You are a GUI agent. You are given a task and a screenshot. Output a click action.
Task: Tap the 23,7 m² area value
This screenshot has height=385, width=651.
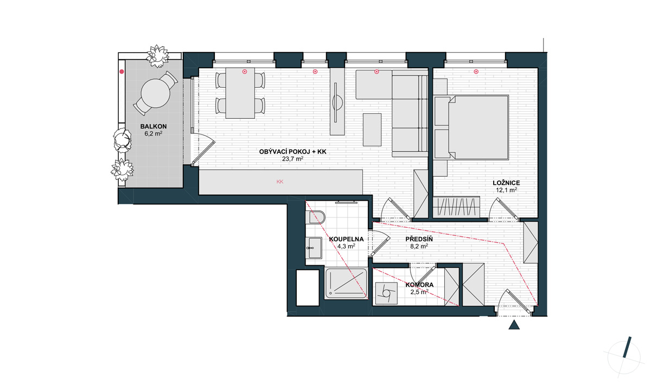pos(292,159)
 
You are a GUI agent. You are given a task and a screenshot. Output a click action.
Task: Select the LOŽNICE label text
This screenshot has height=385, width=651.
pos(506,183)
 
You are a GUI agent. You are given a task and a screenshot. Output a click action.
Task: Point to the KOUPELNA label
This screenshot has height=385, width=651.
pos(346,239)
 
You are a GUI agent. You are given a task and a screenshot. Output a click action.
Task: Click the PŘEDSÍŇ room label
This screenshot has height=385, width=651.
pos(419,239)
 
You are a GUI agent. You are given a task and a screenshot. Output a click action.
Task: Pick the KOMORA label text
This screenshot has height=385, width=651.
pos(419,285)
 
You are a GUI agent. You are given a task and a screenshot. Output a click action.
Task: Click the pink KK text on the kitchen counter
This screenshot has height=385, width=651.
pos(280,182)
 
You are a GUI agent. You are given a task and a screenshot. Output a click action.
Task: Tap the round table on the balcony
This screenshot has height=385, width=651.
pos(156,93)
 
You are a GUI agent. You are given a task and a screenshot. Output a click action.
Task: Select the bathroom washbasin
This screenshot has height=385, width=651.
pos(314,248)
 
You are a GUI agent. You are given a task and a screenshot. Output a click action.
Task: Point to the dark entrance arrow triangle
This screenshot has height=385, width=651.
pos(514,325)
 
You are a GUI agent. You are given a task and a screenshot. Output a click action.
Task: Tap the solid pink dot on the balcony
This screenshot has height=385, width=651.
pos(122,72)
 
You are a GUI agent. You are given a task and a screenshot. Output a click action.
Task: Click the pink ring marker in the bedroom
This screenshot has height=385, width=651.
pos(476,72)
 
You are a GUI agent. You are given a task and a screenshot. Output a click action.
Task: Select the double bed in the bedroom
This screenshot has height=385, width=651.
pos(471,127)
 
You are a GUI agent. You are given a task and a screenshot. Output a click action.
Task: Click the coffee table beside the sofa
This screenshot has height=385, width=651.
pos(372,130)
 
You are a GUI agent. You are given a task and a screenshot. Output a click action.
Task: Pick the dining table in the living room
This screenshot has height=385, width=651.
pos(240,93)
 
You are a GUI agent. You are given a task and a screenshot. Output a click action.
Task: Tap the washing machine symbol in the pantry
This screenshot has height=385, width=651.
pos(386,293)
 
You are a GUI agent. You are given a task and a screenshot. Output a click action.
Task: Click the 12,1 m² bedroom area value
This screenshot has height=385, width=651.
pos(506,190)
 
